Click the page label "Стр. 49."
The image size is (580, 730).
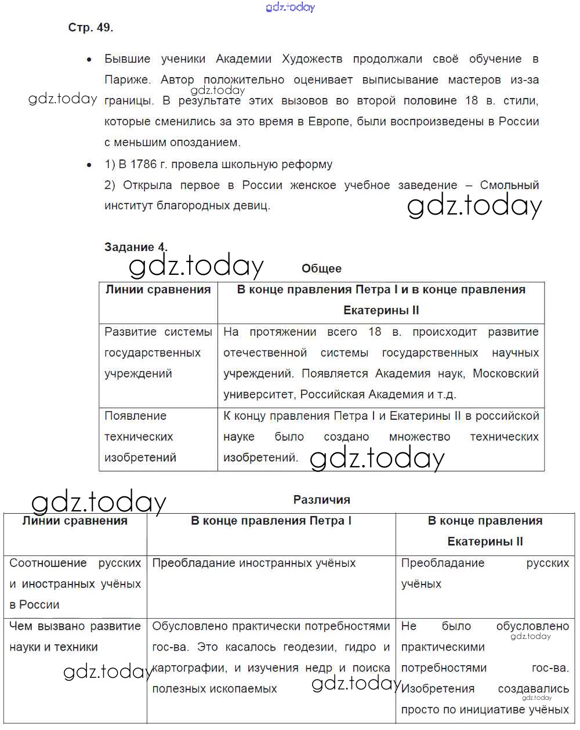tap(90, 27)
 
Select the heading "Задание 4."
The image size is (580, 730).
tap(136, 247)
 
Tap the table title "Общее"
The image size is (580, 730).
tap(321, 268)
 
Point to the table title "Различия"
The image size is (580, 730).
tap(321, 500)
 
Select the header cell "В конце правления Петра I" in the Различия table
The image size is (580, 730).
tap(271, 521)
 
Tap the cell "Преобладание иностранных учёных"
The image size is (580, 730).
tap(253, 563)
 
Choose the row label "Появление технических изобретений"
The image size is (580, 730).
tap(140, 437)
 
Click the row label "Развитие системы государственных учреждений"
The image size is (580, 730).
tap(158, 353)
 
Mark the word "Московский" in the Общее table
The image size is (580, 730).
tap(506, 373)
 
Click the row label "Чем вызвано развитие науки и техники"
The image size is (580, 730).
tap(75, 637)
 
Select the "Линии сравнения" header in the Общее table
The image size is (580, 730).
tap(158, 289)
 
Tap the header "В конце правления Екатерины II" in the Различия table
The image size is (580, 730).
tap(485, 531)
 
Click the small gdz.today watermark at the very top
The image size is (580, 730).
tap(290, 7)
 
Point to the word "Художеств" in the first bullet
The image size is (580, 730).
tap(311, 59)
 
